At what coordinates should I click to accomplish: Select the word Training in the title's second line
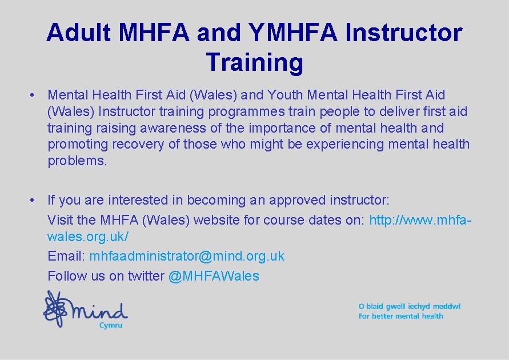pos(255,62)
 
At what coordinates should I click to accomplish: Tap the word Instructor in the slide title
pos(403,33)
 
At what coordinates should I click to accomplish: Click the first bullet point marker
pos(35,95)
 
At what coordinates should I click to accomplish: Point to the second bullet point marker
pos(35,200)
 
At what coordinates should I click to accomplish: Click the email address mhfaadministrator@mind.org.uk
pos(187,256)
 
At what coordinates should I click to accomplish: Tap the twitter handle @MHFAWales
pos(214,276)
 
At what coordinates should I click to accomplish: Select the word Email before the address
pos(66,256)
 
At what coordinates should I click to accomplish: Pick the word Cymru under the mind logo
pos(111,325)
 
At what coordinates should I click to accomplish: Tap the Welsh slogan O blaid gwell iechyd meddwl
pos(409,306)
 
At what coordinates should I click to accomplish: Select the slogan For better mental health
pos(401,316)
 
